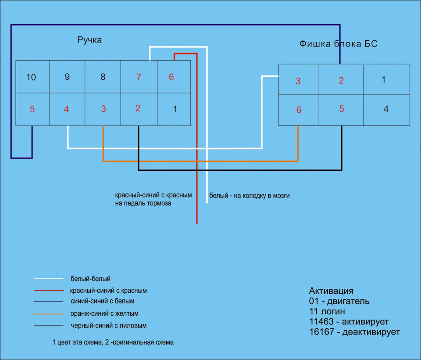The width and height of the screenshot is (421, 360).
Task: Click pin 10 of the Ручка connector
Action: pyautogui.click(x=32, y=77)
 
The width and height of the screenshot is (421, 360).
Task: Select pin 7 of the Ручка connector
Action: pyautogui.click(x=139, y=77)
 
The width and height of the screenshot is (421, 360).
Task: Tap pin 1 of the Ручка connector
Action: pyautogui.click(x=174, y=109)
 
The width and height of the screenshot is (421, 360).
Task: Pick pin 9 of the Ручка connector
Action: pyautogui.click(x=67, y=77)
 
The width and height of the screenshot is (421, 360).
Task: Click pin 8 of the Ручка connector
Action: pyautogui.click(x=103, y=77)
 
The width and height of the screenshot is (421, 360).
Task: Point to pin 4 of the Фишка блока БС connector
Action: pyautogui.click(x=386, y=110)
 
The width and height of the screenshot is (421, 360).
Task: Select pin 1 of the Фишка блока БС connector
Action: pyautogui.click(x=386, y=79)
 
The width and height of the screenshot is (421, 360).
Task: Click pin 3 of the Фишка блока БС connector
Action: pyautogui.click(x=299, y=79)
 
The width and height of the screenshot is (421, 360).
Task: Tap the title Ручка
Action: pyautogui.click(x=89, y=40)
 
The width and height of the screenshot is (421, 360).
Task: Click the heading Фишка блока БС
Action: pyautogui.click(x=338, y=43)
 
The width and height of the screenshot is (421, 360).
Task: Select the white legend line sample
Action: pyautogui.click(x=49, y=279)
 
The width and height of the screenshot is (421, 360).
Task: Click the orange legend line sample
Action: pyautogui.click(x=49, y=314)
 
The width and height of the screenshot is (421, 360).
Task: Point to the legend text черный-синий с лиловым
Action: pyautogui.click(x=108, y=326)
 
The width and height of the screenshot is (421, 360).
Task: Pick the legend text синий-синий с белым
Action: pyautogui.click(x=102, y=301)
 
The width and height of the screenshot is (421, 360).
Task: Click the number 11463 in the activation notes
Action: pyautogui.click(x=321, y=321)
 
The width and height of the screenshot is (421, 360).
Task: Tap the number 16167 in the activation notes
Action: pyautogui.click(x=321, y=332)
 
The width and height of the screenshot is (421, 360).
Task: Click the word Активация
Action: pyautogui.click(x=331, y=291)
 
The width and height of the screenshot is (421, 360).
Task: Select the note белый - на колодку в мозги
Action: pyautogui.click(x=250, y=196)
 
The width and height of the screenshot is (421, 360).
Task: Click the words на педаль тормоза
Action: pyautogui.click(x=143, y=203)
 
